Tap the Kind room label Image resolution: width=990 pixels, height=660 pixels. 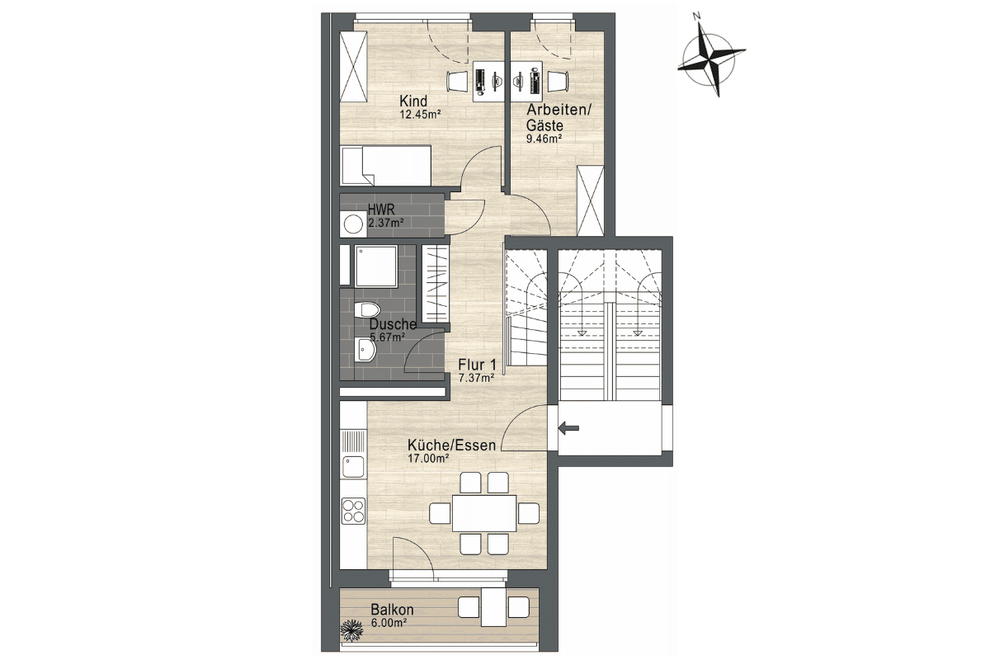pos(413,101)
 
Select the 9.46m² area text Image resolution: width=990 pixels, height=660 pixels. pos(544,139)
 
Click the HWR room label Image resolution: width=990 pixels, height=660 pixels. pos(381,209)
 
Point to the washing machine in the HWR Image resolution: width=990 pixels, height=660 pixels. pos(353,224)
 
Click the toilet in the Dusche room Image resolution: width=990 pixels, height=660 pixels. pos(367,309)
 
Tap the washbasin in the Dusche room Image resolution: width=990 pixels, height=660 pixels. pos(365,350)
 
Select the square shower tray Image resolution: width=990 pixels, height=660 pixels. pos(375,267)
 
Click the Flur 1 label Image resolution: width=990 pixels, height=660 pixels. pos(477,365)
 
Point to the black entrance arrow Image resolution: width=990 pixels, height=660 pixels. pos(568,428)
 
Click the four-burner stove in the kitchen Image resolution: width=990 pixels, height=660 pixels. pos(354,511)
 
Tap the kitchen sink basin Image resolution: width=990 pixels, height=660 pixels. pos(354,467)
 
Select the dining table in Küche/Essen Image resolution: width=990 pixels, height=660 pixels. pos(484,513)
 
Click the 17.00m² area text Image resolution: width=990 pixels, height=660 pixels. pos(428,459)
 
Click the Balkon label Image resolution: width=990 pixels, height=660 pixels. pos(392,610)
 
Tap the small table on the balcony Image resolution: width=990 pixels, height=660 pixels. pos(493,607)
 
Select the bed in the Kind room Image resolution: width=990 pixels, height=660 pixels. pos(385,166)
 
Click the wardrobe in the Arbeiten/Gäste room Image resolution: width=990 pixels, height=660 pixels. pos(591,200)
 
